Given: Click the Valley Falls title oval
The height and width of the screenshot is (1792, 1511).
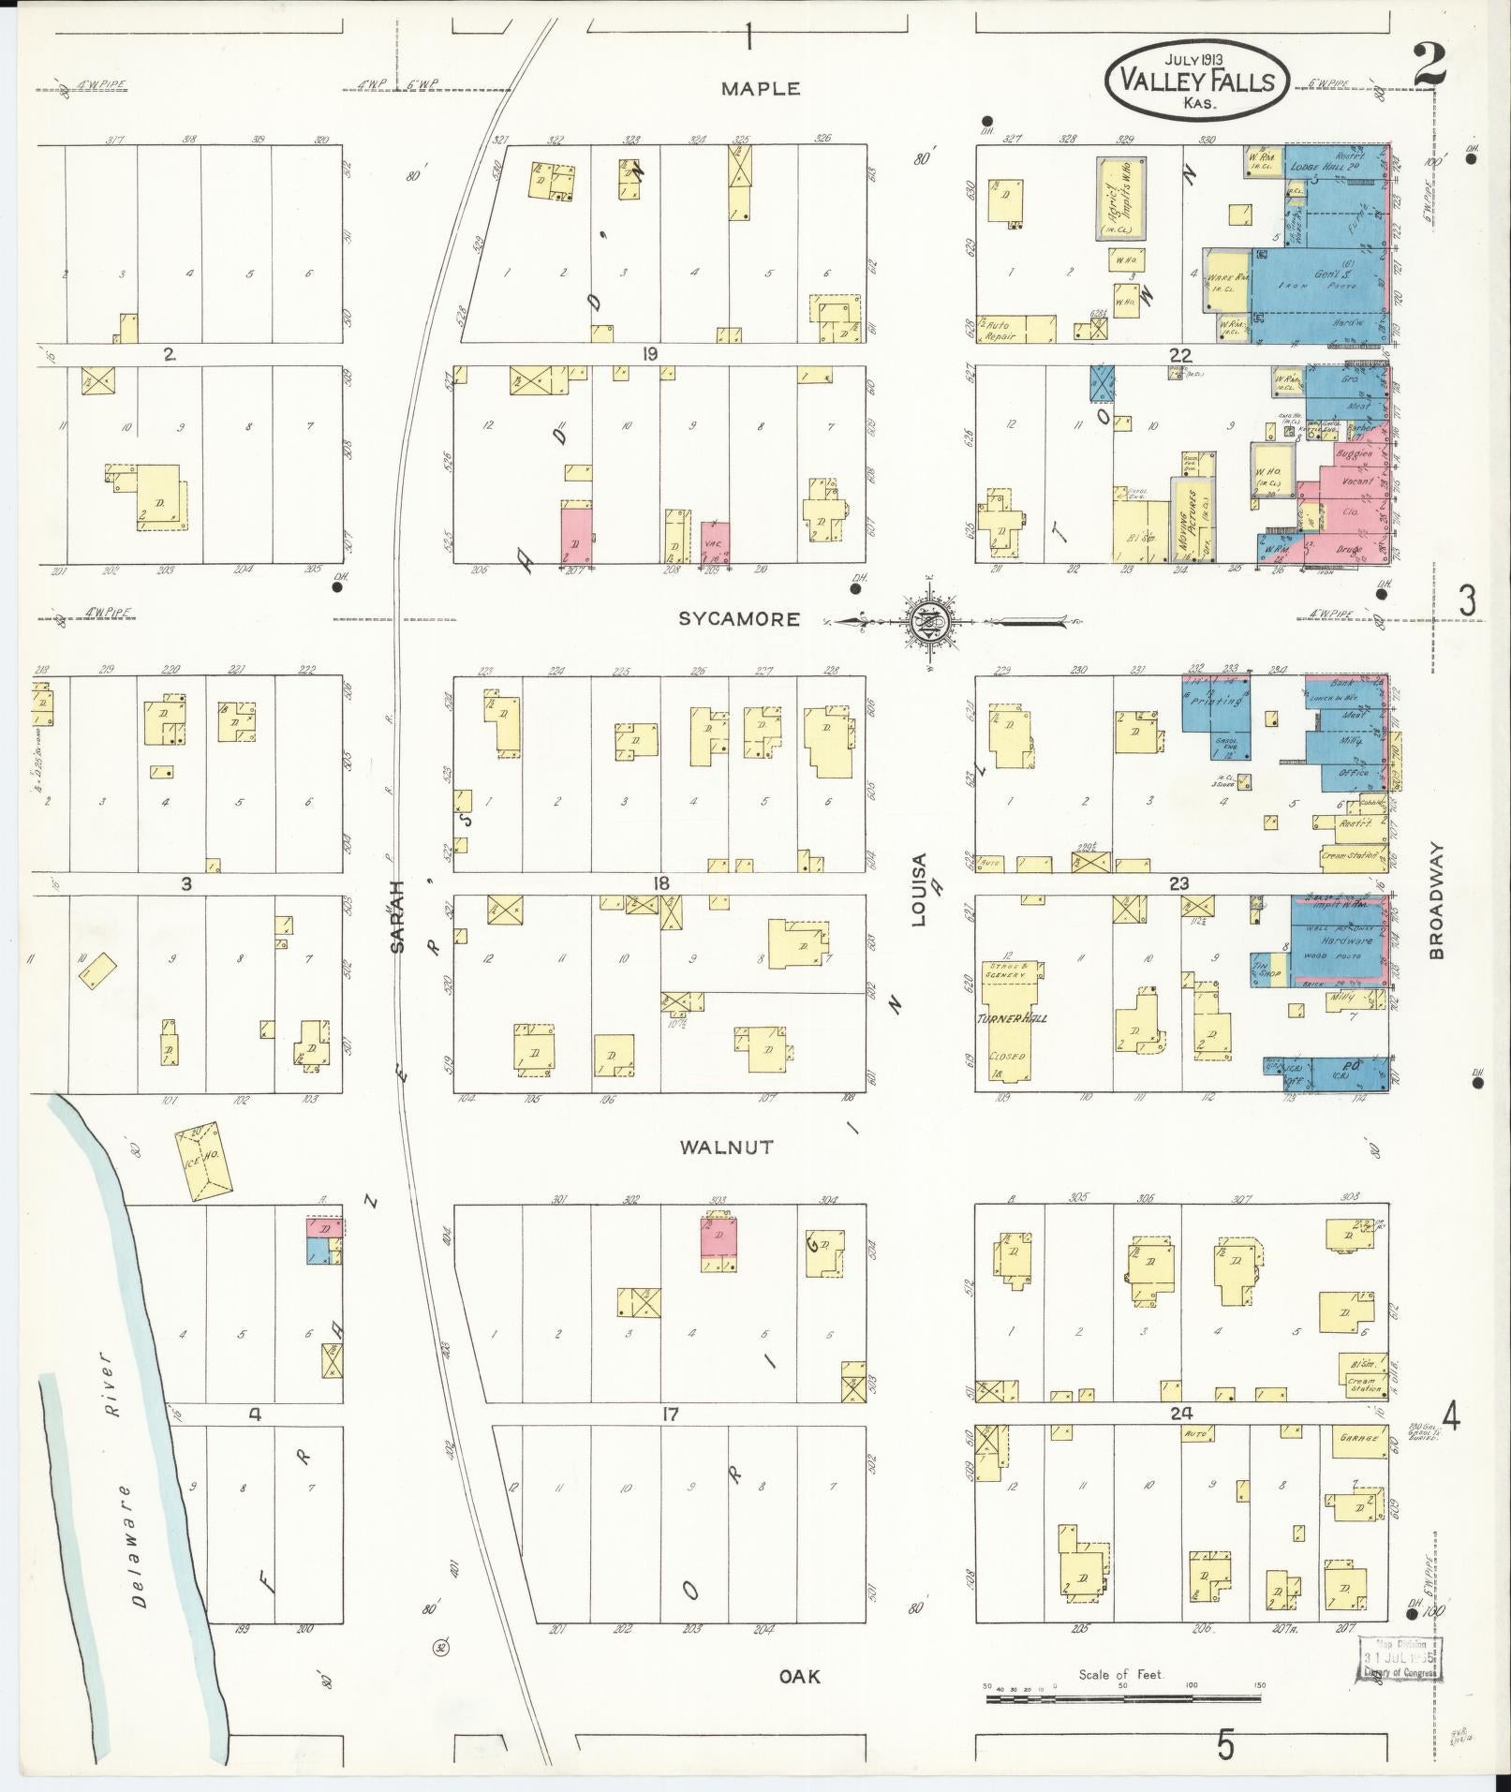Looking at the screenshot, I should pyautogui.click(x=1197, y=81).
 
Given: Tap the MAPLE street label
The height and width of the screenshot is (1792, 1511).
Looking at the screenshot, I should pyautogui.click(x=761, y=89).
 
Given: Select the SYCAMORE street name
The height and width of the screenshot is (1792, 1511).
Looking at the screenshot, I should pyautogui.click(x=739, y=619).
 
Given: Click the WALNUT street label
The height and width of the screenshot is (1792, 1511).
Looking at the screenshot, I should pyautogui.click(x=726, y=1147).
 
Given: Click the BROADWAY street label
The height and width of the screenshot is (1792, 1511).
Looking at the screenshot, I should pyautogui.click(x=1438, y=899).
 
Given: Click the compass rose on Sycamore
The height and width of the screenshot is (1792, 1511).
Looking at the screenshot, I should pyautogui.click(x=928, y=620).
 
